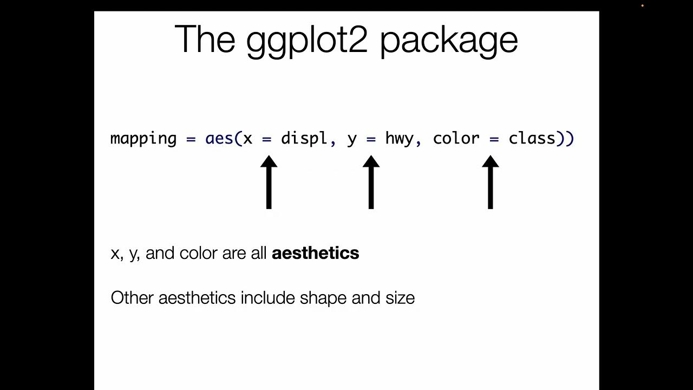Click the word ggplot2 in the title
pyautogui.click(x=306, y=40)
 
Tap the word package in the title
pyautogui.click(x=449, y=41)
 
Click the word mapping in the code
pyautogui.click(x=143, y=139)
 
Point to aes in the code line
pyautogui.click(x=219, y=139)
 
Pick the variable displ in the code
pyautogui.click(x=304, y=139)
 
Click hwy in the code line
pyautogui.click(x=399, y=139)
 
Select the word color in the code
pyautogui.click(x=456, y=139)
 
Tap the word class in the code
pyautogui.click(x=532, y=139)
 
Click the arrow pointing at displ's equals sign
pyautogui.click(x=269, y=183)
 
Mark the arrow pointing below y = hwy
pyautogui.click(x=371, y=183)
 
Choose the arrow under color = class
pyautogui.click(x=490, y=183)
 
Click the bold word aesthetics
pyautogui.click(x=315, y=253)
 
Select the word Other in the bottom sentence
pyautogui.click(x=132, y=298)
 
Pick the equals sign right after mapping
pyautogui.click(x=191, y=139)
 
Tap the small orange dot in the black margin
pyautogui.click(x=643, y=6)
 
